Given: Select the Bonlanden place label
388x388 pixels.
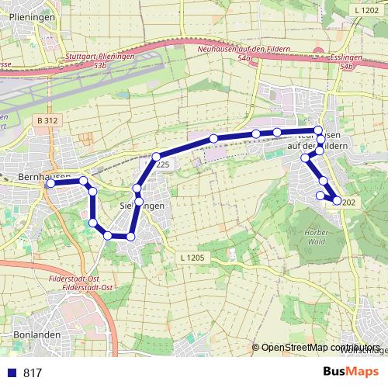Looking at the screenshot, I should click(x=31, y=335).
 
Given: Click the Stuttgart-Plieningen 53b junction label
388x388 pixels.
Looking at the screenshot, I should click(x=100, y=61).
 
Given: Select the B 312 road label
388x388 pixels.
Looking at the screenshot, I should click(x=47, y=120).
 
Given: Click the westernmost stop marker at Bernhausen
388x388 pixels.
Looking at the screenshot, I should click(x=50, y=184).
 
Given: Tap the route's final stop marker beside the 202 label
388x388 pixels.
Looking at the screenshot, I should click(x=337, y=200).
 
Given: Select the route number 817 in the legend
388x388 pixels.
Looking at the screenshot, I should click(x=33, y=373).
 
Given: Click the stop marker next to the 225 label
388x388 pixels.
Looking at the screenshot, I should click(x=156, y=157).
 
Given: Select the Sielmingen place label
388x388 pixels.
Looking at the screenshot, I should click(x=144, y=206).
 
